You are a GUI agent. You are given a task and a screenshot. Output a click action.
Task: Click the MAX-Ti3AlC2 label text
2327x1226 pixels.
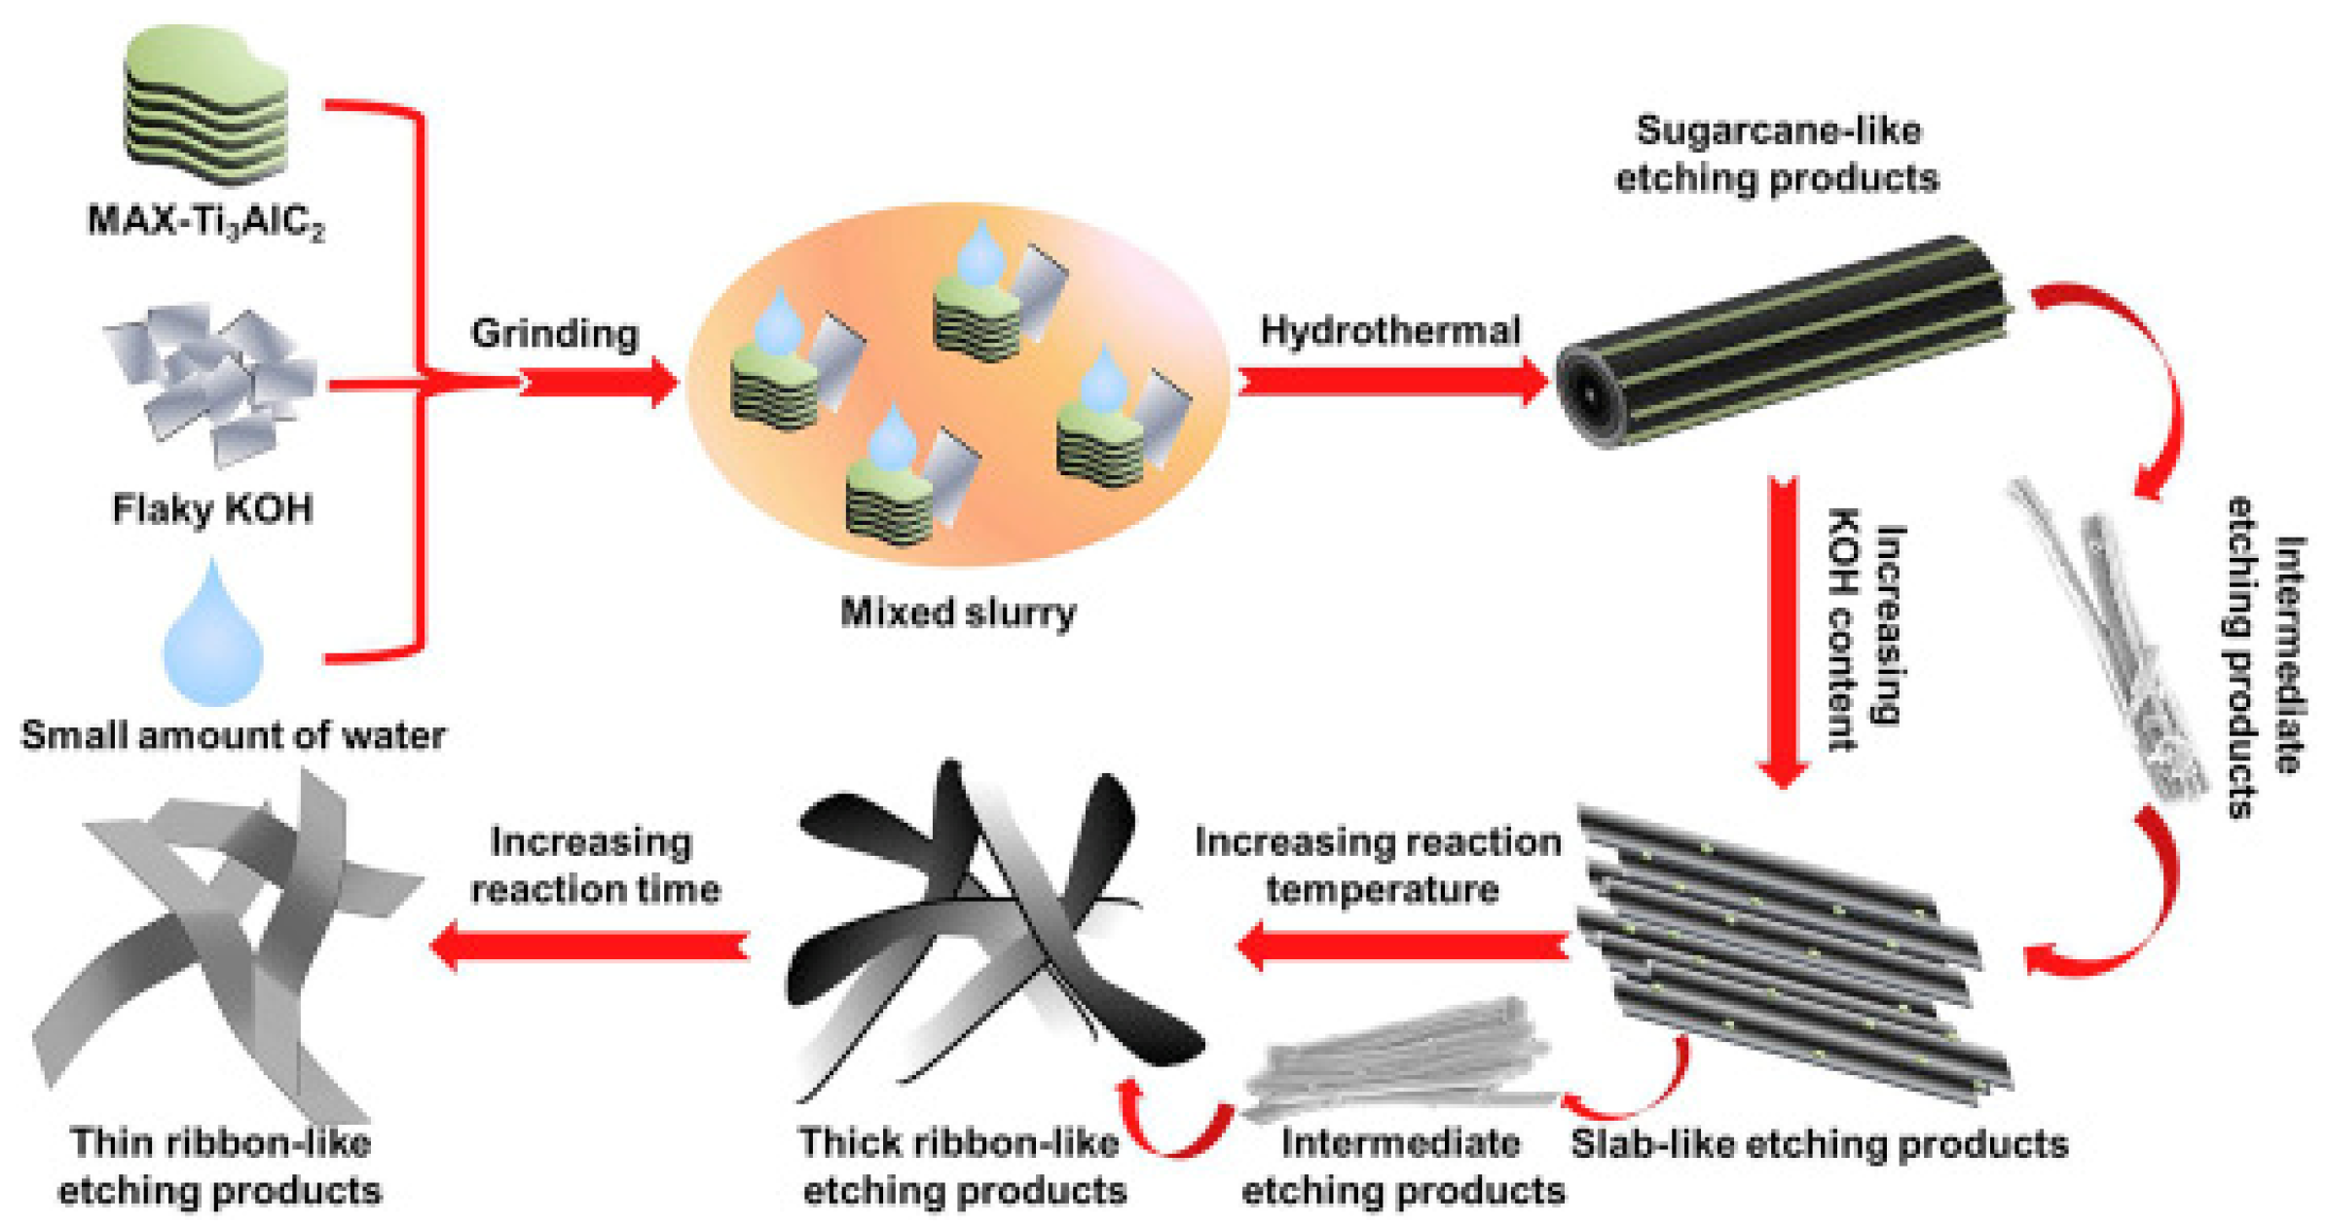click(x=206, y=221)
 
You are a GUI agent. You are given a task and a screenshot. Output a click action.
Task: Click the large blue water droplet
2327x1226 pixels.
click(x=213, y=638)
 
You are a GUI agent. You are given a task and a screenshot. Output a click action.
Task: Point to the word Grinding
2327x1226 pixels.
click(x=555, y=333)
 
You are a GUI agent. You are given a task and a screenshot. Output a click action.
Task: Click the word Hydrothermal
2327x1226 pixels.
click(x=1389, y=330)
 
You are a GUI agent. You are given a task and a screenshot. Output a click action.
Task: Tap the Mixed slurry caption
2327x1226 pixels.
click(x=958, y=613)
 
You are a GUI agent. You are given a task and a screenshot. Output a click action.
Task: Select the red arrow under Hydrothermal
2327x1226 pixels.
click(x=1392, y=381)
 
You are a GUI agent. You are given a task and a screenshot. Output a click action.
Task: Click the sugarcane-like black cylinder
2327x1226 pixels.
click(x=1782, y=341)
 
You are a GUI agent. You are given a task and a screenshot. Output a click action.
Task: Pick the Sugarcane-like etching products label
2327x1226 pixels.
click(x=1777, y=154)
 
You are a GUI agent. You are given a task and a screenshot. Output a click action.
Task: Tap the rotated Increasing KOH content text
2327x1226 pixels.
click(x=1865, y=628)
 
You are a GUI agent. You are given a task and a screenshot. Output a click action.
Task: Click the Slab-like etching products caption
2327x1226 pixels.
click(x=1819, y=1143)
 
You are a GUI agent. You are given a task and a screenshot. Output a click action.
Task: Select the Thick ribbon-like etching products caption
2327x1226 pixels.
click(x=962, y=1166)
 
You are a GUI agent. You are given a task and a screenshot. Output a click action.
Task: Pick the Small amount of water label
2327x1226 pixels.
click(x=233, y=735)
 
